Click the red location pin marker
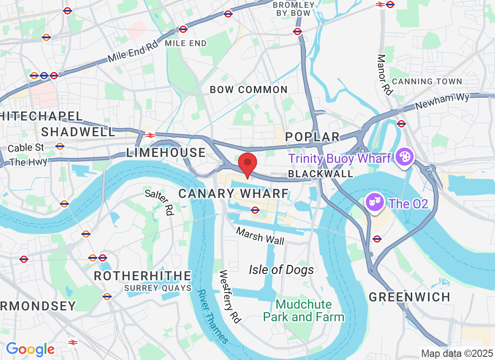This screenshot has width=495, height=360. (247, 164)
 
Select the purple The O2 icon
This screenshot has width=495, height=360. (373, 203)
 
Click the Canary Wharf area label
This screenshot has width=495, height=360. (234, 193)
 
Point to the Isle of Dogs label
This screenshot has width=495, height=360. (281, 270)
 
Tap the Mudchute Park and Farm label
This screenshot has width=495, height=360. (304, 310)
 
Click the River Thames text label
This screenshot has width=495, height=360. (212, 317)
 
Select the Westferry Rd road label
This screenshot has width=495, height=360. (230, 296)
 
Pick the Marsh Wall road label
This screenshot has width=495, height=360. (261, 236)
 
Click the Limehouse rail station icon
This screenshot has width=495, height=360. (150, 134)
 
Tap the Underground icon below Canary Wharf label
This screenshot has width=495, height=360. (255, 210)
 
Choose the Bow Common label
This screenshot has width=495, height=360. (249, 90)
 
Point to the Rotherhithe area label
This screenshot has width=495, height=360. (143, 275)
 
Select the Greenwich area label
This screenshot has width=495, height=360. (409, 297)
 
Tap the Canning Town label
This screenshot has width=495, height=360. (427, 81)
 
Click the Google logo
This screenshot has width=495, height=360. (30, 349)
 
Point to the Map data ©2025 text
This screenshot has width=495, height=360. (456, 353)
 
